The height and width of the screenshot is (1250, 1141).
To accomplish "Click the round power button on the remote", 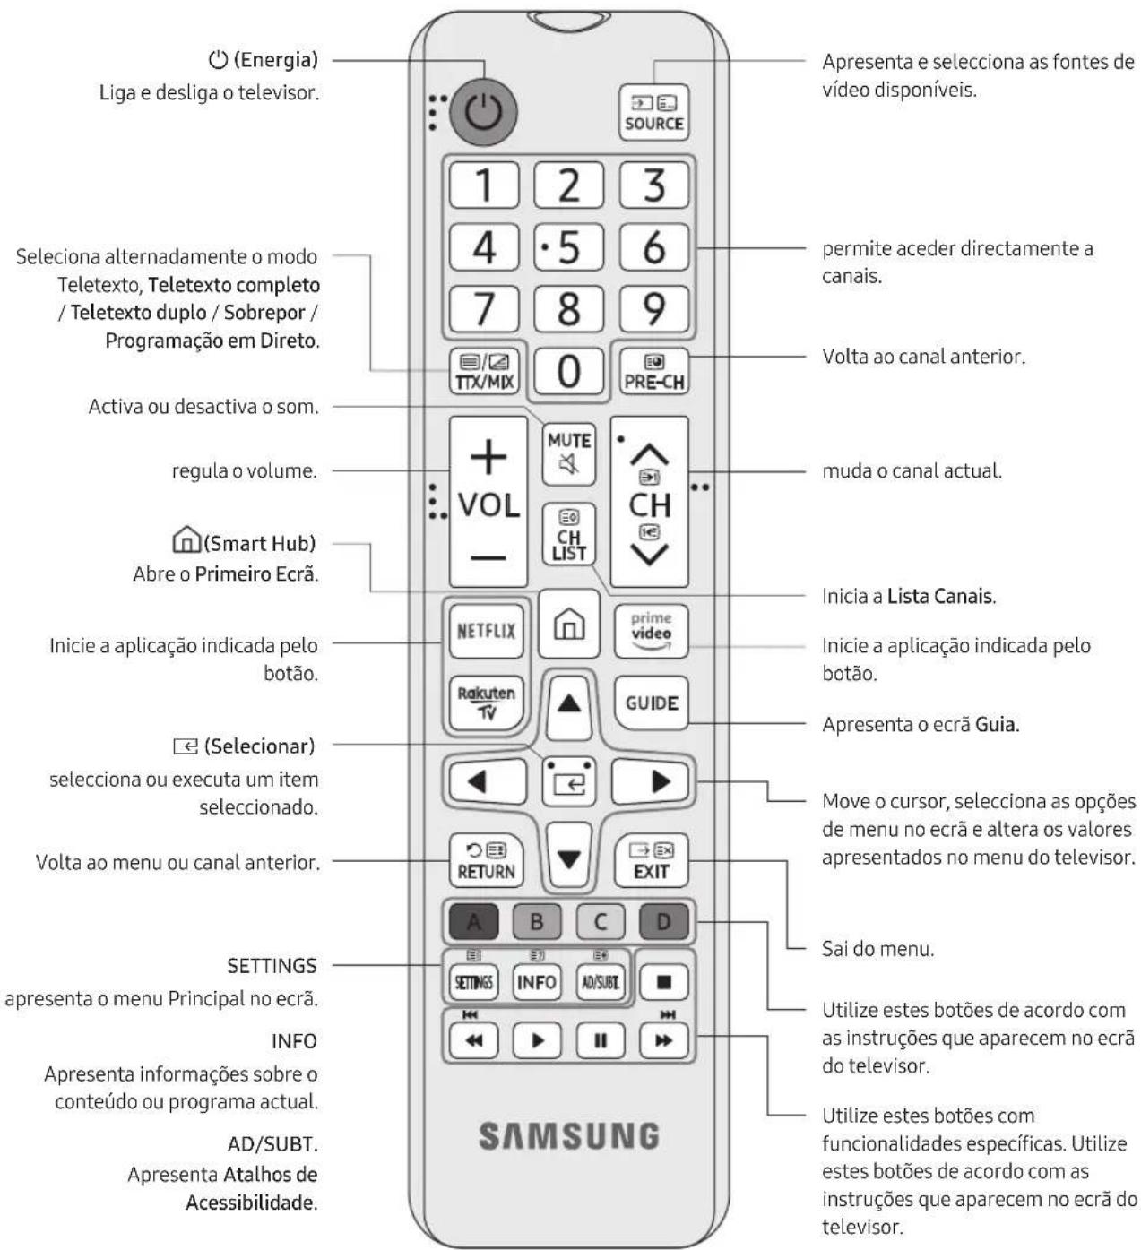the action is click(483, 112).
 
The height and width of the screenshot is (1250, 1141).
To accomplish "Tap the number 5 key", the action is click(568, 246).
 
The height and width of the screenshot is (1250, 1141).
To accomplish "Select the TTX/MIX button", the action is click(484, 371).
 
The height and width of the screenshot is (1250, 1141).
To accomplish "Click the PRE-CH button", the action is click(654, 371).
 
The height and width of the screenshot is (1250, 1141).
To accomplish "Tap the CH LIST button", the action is click(568, 534).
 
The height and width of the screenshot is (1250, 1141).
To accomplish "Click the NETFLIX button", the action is click(487, 631).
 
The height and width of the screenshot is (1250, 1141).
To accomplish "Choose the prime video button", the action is click(651, 631).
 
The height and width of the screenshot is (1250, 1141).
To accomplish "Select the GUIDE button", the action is click(651, 703).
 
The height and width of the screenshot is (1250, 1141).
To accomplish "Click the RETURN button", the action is click(487, 860).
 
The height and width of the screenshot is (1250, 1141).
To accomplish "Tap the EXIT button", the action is click(651, 860).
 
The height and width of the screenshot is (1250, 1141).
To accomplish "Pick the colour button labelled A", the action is click(473, 921).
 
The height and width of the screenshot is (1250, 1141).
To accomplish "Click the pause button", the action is click(601, 1040).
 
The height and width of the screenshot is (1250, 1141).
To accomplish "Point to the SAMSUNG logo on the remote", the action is click(568, 1135).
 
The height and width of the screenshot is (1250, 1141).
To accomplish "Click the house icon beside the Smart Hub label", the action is click(186, 539).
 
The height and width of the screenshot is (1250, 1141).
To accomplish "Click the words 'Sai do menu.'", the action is click(877, 948).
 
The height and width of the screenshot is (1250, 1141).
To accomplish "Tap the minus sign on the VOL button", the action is click(488, 557).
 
